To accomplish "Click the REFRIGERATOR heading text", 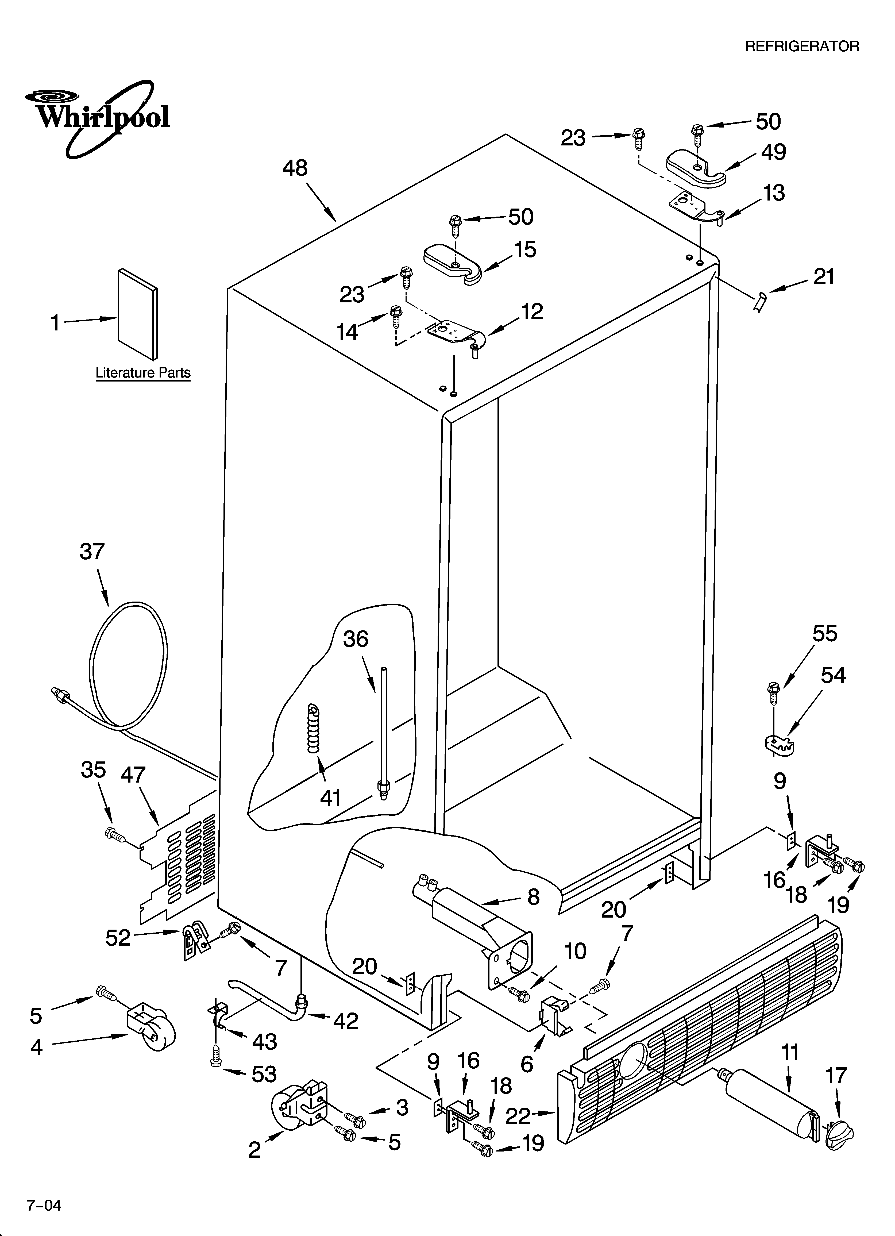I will [802, 46].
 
